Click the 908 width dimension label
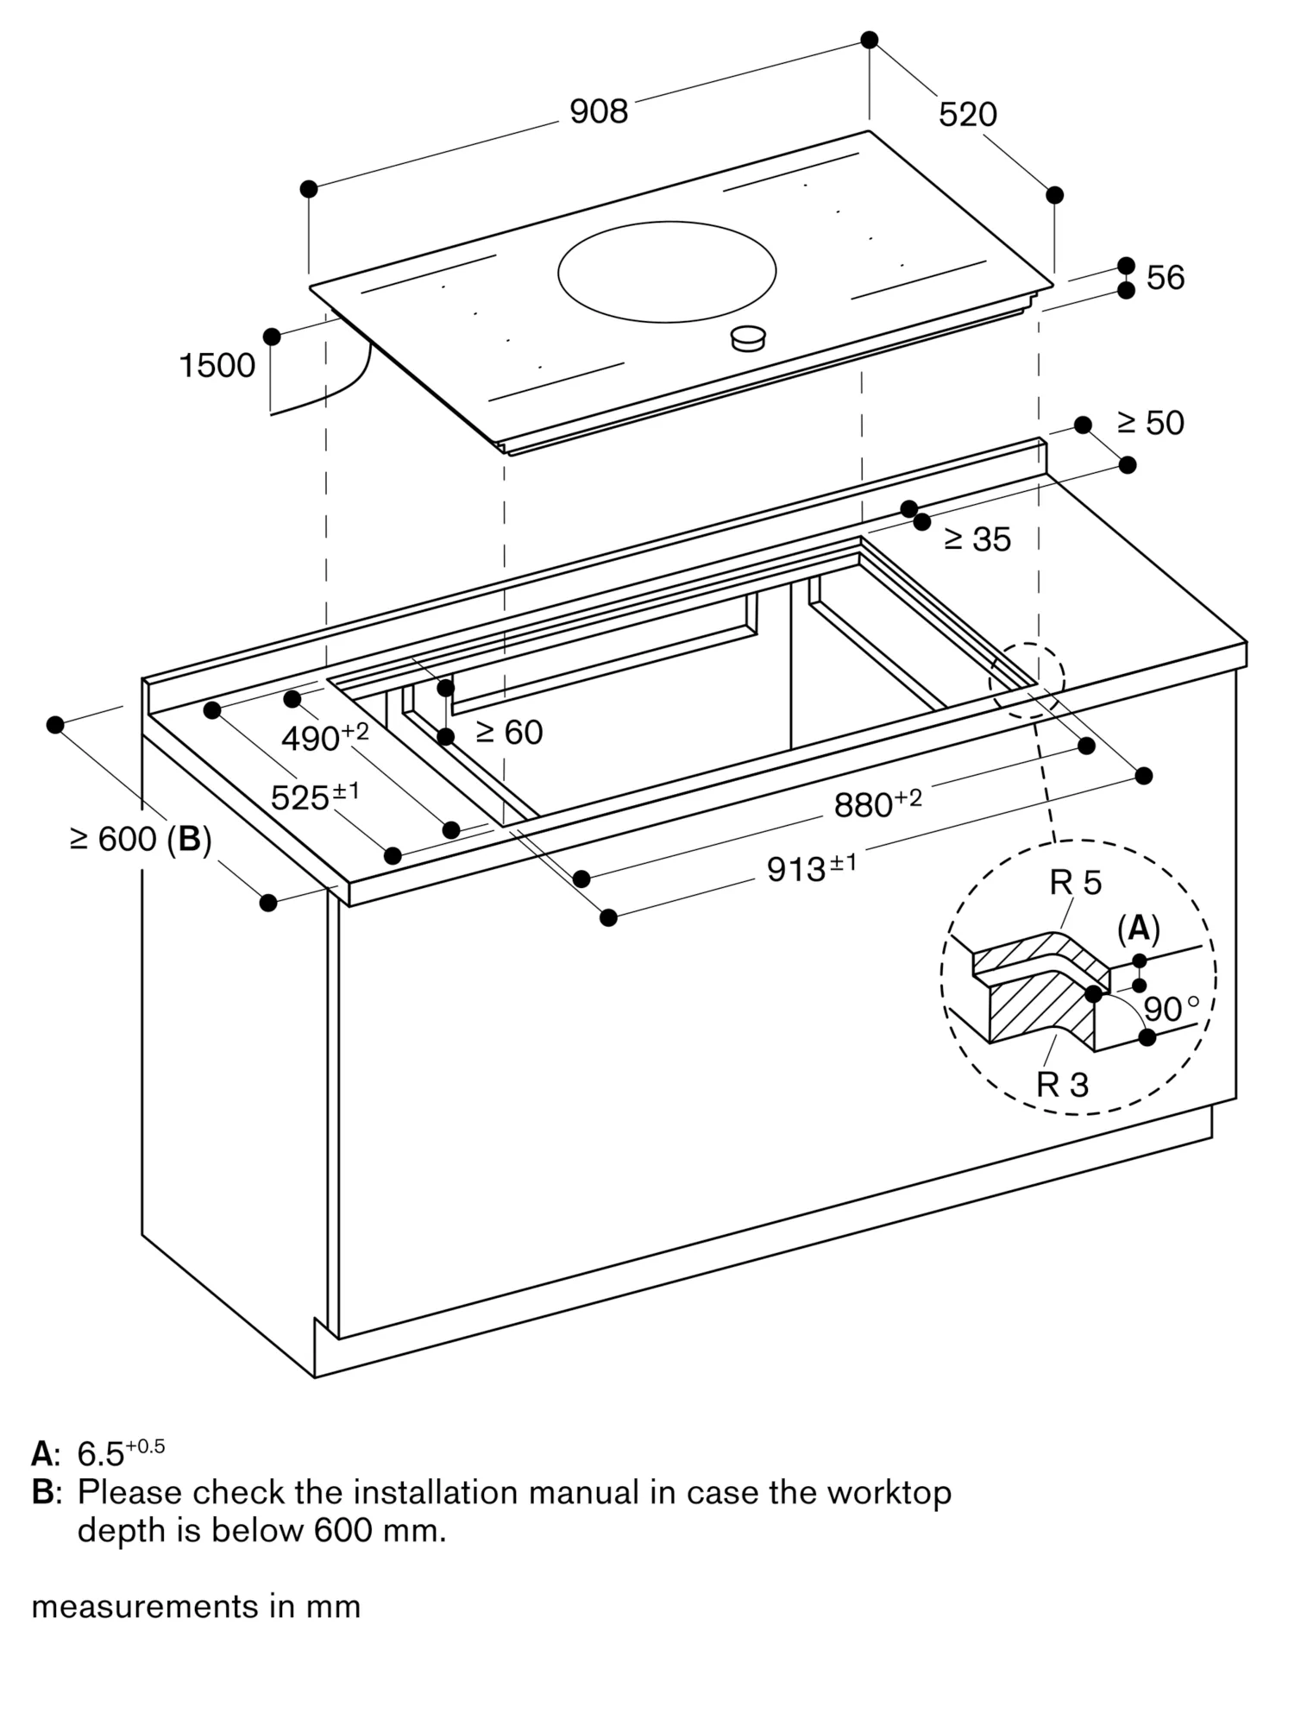[599, 111]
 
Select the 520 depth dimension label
[967, 114]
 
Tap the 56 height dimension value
[1165, 278]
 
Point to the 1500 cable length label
[217, 366]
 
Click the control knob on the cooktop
[748, 338]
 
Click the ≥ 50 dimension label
[1151, 423]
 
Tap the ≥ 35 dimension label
[977, 539]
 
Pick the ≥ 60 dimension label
[509, 733]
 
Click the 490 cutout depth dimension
[324, 737]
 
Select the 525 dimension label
[314, 797]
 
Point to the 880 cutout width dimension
[877, 803]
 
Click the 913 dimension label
[811, 867]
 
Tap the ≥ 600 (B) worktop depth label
[141, 839]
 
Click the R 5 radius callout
[1075, 883]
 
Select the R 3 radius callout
[1062, 1085]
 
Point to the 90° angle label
[1170, 1009]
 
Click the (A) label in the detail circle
[1138, 929]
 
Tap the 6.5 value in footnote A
[101, 1454]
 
